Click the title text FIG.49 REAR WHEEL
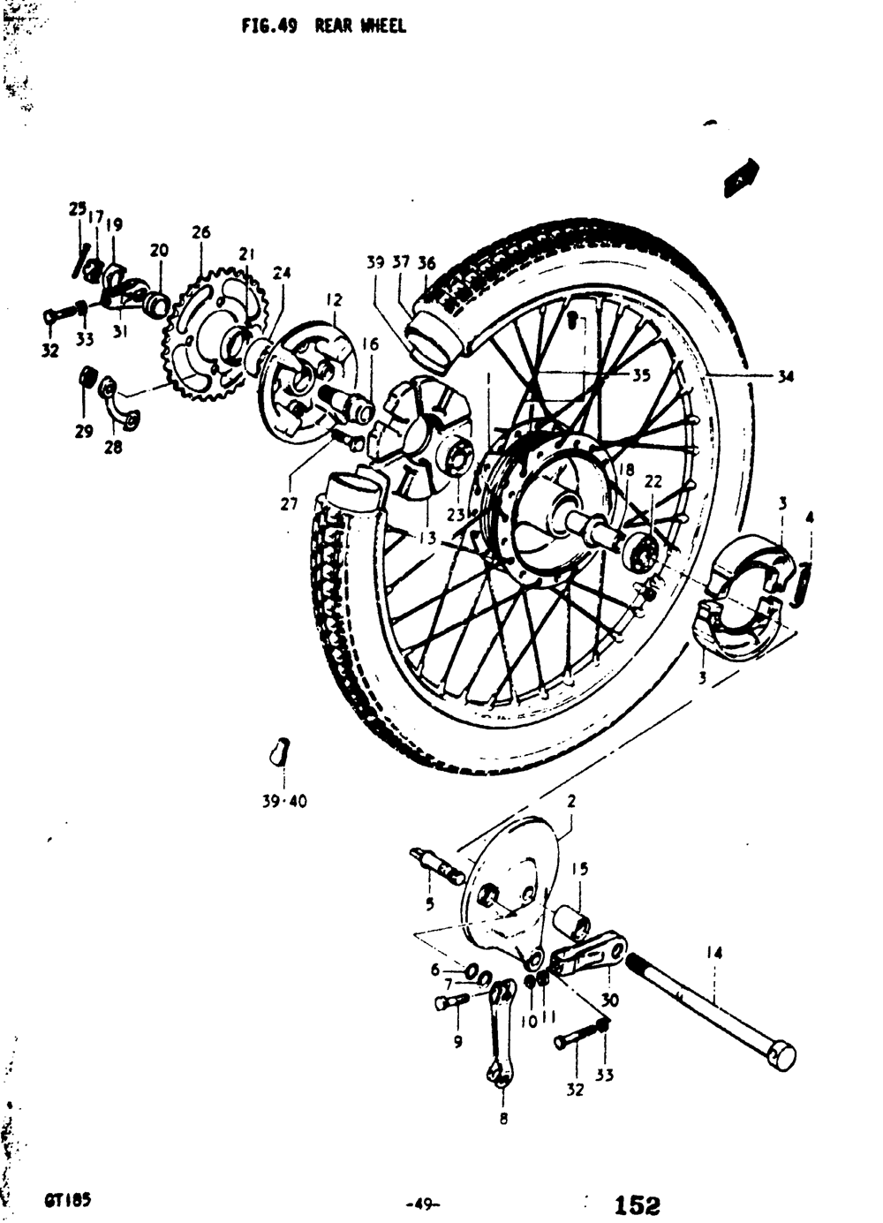324,26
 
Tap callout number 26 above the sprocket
201,233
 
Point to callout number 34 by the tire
785,377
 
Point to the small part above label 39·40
281,751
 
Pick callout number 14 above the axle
714,953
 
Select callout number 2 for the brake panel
571,802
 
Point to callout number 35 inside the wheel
640,374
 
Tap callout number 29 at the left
83,433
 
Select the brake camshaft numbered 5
438,865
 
